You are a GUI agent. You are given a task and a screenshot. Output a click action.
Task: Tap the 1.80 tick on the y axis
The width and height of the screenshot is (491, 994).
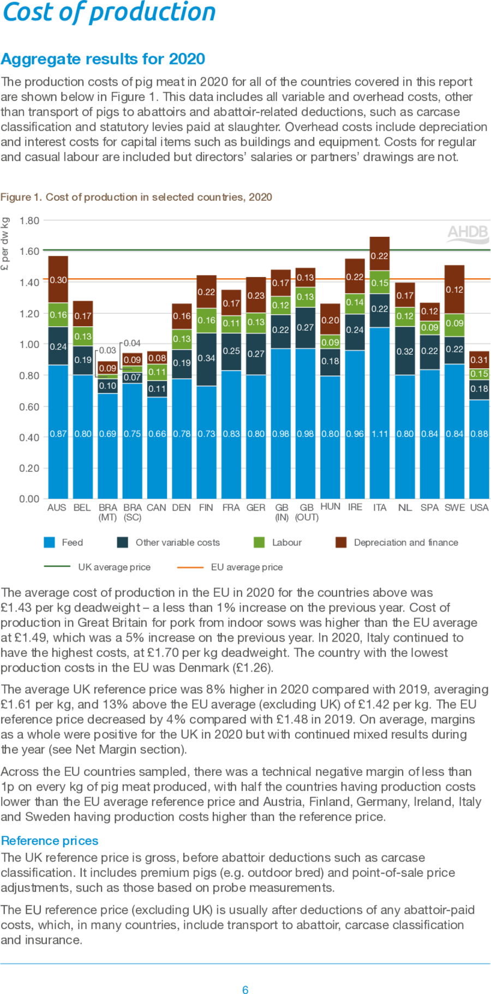[x=29, y=221]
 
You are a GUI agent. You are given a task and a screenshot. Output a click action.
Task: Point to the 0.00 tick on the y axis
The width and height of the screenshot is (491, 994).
[x=29, y=499]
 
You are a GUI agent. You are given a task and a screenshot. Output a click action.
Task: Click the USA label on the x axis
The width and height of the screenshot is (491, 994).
[x=479, y=507]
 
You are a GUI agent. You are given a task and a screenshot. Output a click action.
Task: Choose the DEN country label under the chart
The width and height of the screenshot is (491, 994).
[x=181, y=507]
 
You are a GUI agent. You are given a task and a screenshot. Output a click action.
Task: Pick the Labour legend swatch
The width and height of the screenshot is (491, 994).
[x=259, y=542]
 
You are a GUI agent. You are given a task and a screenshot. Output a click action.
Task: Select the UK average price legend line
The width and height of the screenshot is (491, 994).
[x=57, y=567]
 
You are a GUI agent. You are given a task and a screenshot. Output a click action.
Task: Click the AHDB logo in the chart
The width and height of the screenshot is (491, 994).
[x=468, y=233]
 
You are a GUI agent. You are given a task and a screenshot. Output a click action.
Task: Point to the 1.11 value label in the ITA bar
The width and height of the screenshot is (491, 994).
[x=380, y=434]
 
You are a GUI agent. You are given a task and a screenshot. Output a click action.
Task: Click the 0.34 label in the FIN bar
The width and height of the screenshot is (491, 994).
[x=206, y=358]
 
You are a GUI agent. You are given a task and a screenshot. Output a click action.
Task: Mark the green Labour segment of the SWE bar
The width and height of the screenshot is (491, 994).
[x=454, y=324]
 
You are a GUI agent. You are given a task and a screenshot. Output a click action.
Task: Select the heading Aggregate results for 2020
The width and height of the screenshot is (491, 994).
[x=103, y=59]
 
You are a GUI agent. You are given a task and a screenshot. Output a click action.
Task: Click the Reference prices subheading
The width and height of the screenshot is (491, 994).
[x=50, y=841]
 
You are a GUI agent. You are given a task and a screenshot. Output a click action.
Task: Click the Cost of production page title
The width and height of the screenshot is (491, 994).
[x=109, y=12]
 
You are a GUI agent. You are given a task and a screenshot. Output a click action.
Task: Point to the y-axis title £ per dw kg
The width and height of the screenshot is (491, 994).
[x=5, y=244]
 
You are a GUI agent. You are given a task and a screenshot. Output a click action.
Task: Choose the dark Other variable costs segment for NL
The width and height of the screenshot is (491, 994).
[x=405, y=351]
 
